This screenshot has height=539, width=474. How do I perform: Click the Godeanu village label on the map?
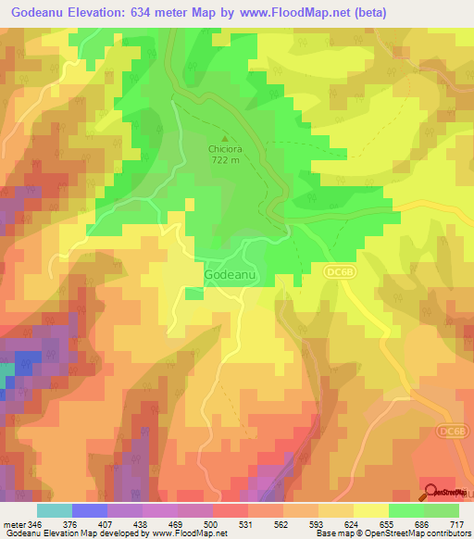(x=225, y=276)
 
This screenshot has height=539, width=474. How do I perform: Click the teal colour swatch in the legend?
(x=55, y=510)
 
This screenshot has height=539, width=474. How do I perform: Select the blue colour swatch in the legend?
(x=90, y=510)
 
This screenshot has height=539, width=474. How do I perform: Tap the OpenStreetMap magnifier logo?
(x=432, y=492)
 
